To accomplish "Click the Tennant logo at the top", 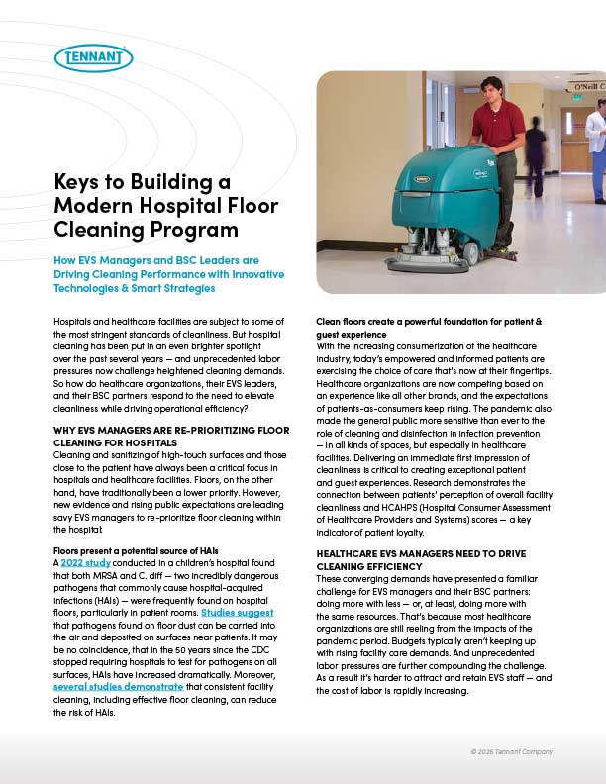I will [x=94, y=57].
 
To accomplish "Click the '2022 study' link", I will [x=79, y=561].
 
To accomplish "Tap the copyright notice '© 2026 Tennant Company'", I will [x=511, y=752].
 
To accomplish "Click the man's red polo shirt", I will [x=498, y=125].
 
